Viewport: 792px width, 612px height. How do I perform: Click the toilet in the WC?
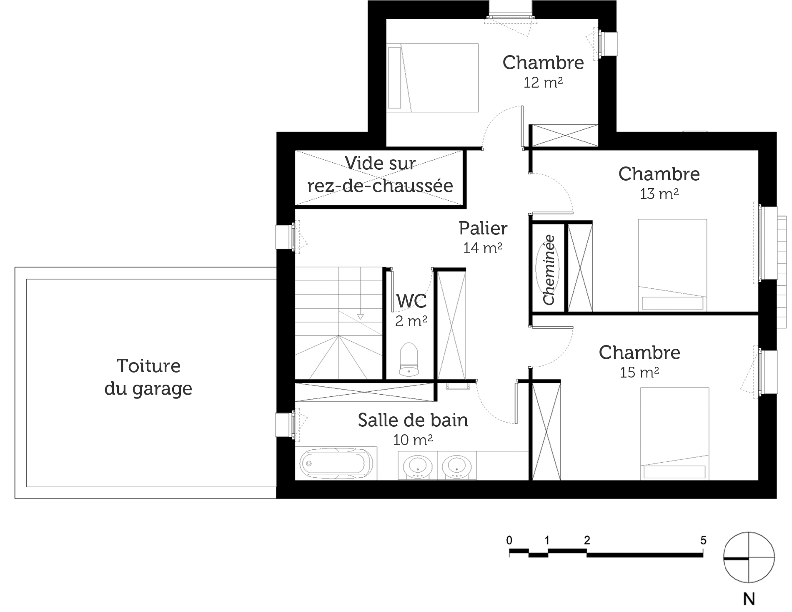[x=409, y=360]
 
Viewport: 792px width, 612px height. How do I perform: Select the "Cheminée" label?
[x=549, y=270]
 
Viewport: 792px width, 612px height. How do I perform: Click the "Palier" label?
[x=483, y=228]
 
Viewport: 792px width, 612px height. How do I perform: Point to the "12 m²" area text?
[x=543, y=83]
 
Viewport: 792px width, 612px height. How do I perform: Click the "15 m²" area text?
[x=639, y=372]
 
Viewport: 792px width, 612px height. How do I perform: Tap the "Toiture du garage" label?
[x=148, y=377]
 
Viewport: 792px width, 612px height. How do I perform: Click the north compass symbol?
[x=749, y=557]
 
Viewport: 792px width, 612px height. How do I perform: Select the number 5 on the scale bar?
[x=703, y=541]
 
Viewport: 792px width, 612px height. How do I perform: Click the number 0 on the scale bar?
[x=509, y=541]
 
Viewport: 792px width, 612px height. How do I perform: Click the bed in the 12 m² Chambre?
[x=433, y=78]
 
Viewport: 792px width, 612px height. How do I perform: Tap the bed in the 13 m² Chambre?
[x=672, y=265]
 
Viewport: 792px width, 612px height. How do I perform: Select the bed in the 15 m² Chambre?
[x=674, y=433]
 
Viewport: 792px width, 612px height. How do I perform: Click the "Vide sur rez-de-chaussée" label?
[x=380, y=174]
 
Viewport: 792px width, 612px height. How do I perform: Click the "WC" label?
[x=411, y=301]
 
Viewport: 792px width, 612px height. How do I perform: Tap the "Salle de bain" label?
[x=413, y=420]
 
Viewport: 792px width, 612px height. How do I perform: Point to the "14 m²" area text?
[x=483, y=248]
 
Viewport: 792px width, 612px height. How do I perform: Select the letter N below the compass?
[x=749, y=599]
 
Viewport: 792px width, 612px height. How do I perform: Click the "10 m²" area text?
[x=413, y=440]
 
